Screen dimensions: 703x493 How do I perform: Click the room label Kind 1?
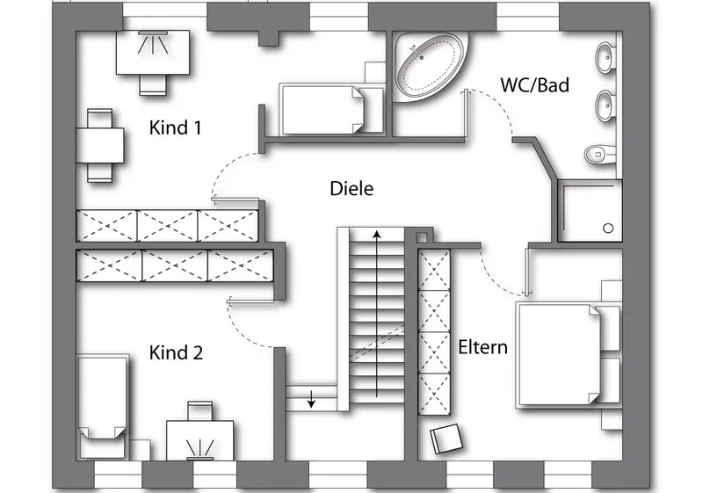pos(175,127)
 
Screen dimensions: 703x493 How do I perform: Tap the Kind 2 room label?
pos(176,352)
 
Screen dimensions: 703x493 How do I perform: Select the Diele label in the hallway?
pos(351,189)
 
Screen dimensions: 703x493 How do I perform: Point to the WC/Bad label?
pos(535,85)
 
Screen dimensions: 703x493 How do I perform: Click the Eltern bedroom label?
pos(482,347)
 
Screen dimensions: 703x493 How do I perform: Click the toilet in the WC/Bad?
pos(600,154)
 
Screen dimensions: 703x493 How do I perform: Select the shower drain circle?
pos(608,228)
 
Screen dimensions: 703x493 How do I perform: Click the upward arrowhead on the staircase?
pos(377,235)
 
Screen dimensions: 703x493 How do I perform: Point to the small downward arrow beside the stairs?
pos(311,399)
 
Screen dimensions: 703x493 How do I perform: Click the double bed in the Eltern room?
pos(569,354)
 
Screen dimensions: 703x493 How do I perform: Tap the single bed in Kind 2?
pos(102,407)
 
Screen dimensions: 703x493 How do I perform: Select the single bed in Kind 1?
pos(332,109)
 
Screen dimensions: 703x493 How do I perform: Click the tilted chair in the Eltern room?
pos(446,439)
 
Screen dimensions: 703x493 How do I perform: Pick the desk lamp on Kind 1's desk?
pos(153,41)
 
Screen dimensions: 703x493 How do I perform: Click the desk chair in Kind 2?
pos(200,410)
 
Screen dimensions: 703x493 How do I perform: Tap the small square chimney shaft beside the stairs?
pos(422,237)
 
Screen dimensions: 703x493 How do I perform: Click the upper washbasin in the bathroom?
pos(605,57)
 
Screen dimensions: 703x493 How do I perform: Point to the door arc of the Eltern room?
pos(496,277)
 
